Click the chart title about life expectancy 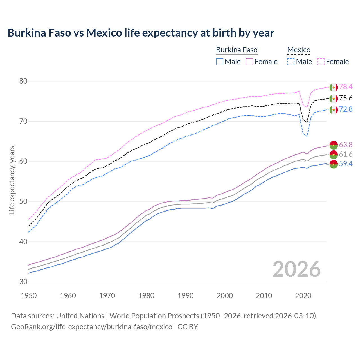[x=141, y=33]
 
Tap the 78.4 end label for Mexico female [x=346, y=87]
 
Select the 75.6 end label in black [x=346, y=98]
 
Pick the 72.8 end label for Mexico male [x=346, y=109]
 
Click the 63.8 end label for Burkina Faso [x=346, y=145]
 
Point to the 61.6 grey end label [x=346, y=154]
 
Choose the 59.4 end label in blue [x=346, y=164]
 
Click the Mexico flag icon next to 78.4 [x=334, y=87]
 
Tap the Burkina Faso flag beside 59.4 [x=334, y=164]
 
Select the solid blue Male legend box [x=220, y=62]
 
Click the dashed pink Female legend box [x=321, y=62]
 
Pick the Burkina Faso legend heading [x=237, y=50]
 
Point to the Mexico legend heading [x=299, y=50]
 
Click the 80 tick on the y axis [x=23, y=81]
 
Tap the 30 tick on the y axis [x=23, y=282]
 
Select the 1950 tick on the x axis [x=29, y=296]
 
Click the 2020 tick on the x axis [x=303, y=296]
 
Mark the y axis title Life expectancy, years [x=12, y=180]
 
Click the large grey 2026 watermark [x=297, y=269]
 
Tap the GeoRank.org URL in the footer [x=91, y=327]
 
